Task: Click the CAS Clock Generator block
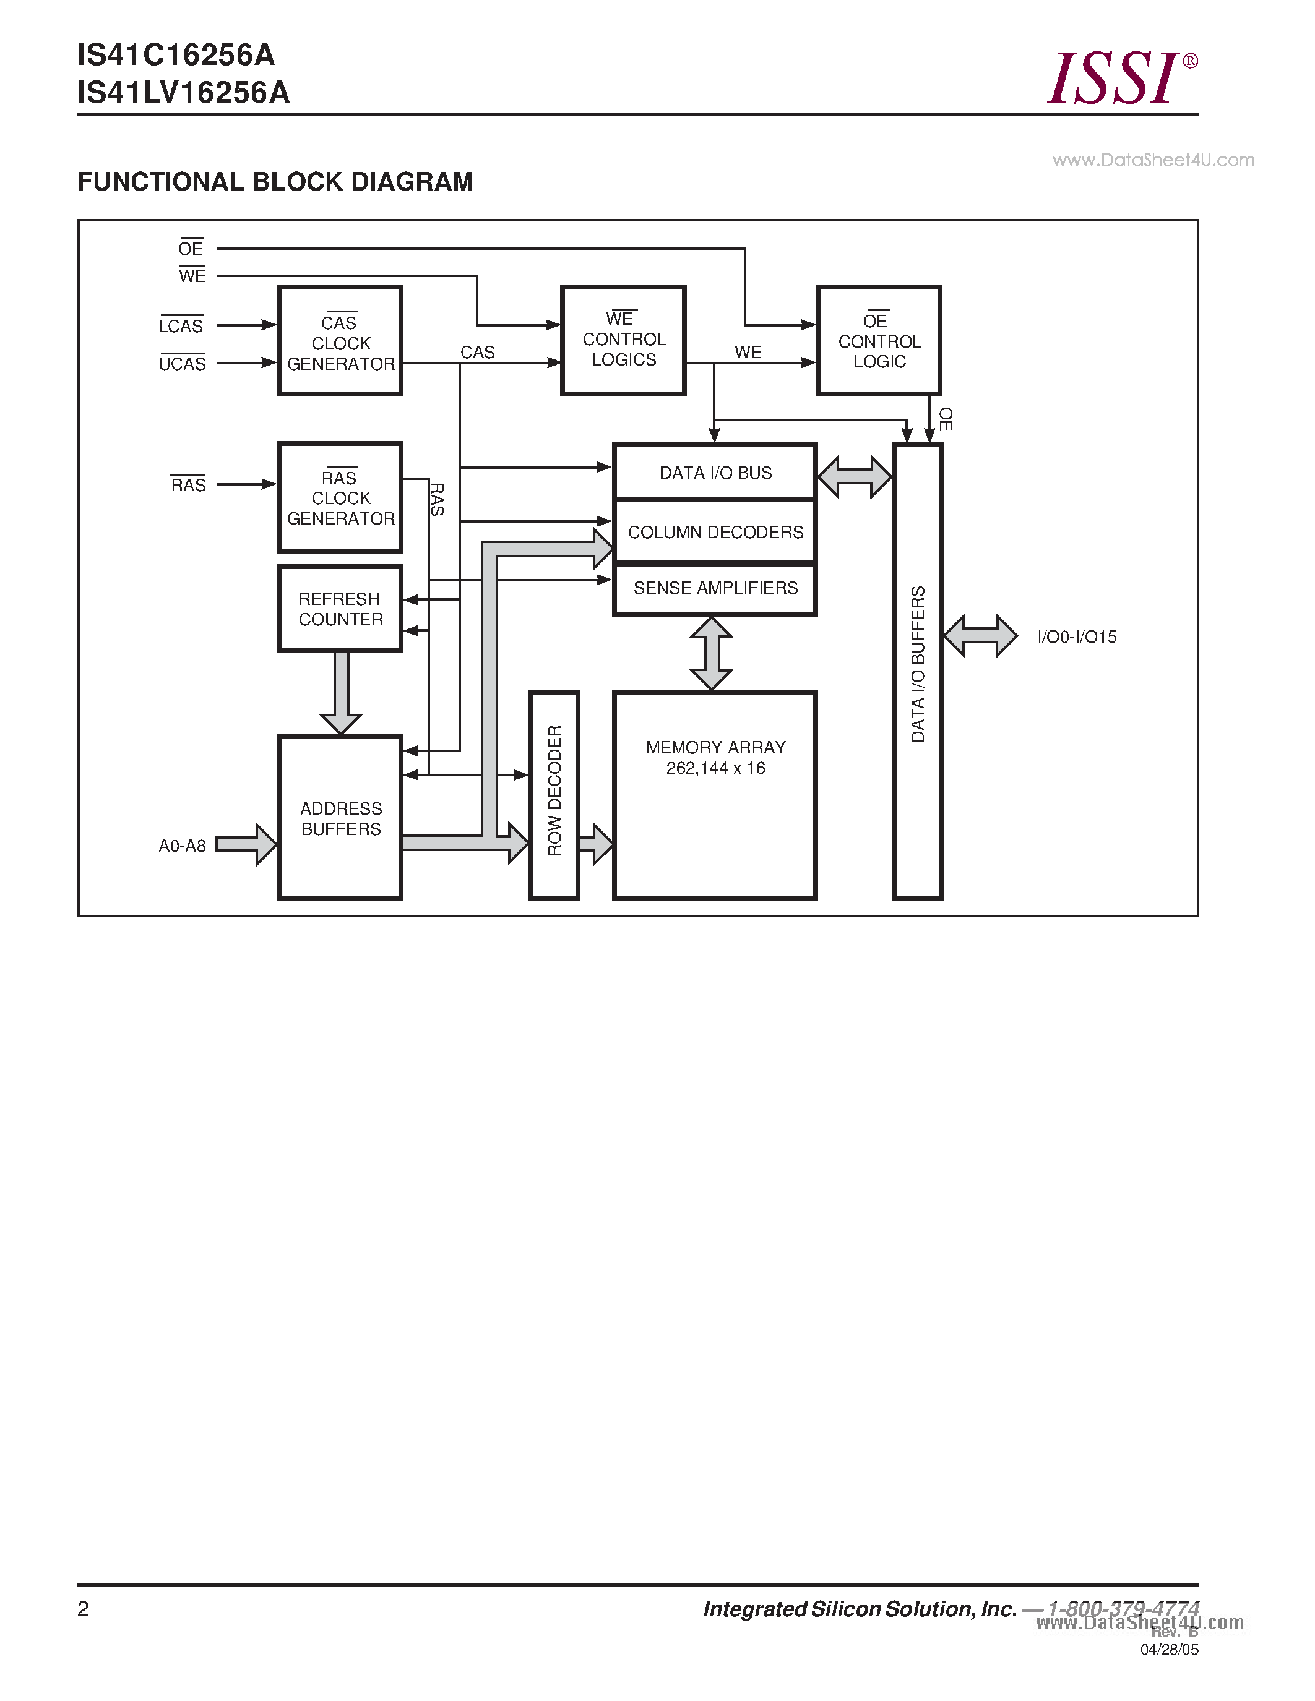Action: [x=340, y=341]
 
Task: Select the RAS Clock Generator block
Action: [x=340, y=498]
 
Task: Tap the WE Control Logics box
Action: [x=623, y=340]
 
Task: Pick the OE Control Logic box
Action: [x=879, y=340]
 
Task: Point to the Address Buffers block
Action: [x=340, y=818]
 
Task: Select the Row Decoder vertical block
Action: [x=554, y=794]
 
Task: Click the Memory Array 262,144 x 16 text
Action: [x=715, y=758]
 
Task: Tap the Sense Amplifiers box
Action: [x=715, y=588]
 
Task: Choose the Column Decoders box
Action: [x=715, y=532]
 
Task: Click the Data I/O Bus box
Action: [x=715, y=473]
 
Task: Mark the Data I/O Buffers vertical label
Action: [x=918, y=664]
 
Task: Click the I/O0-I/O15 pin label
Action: [x=1077, y=637]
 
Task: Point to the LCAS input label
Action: [x=181, y=325]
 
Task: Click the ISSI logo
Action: [x=1120, y=78]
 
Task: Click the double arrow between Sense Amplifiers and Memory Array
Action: [x=710, y=653]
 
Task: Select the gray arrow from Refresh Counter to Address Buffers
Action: [x=340, y=692]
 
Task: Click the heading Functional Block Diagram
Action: [x=275, y=181]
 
